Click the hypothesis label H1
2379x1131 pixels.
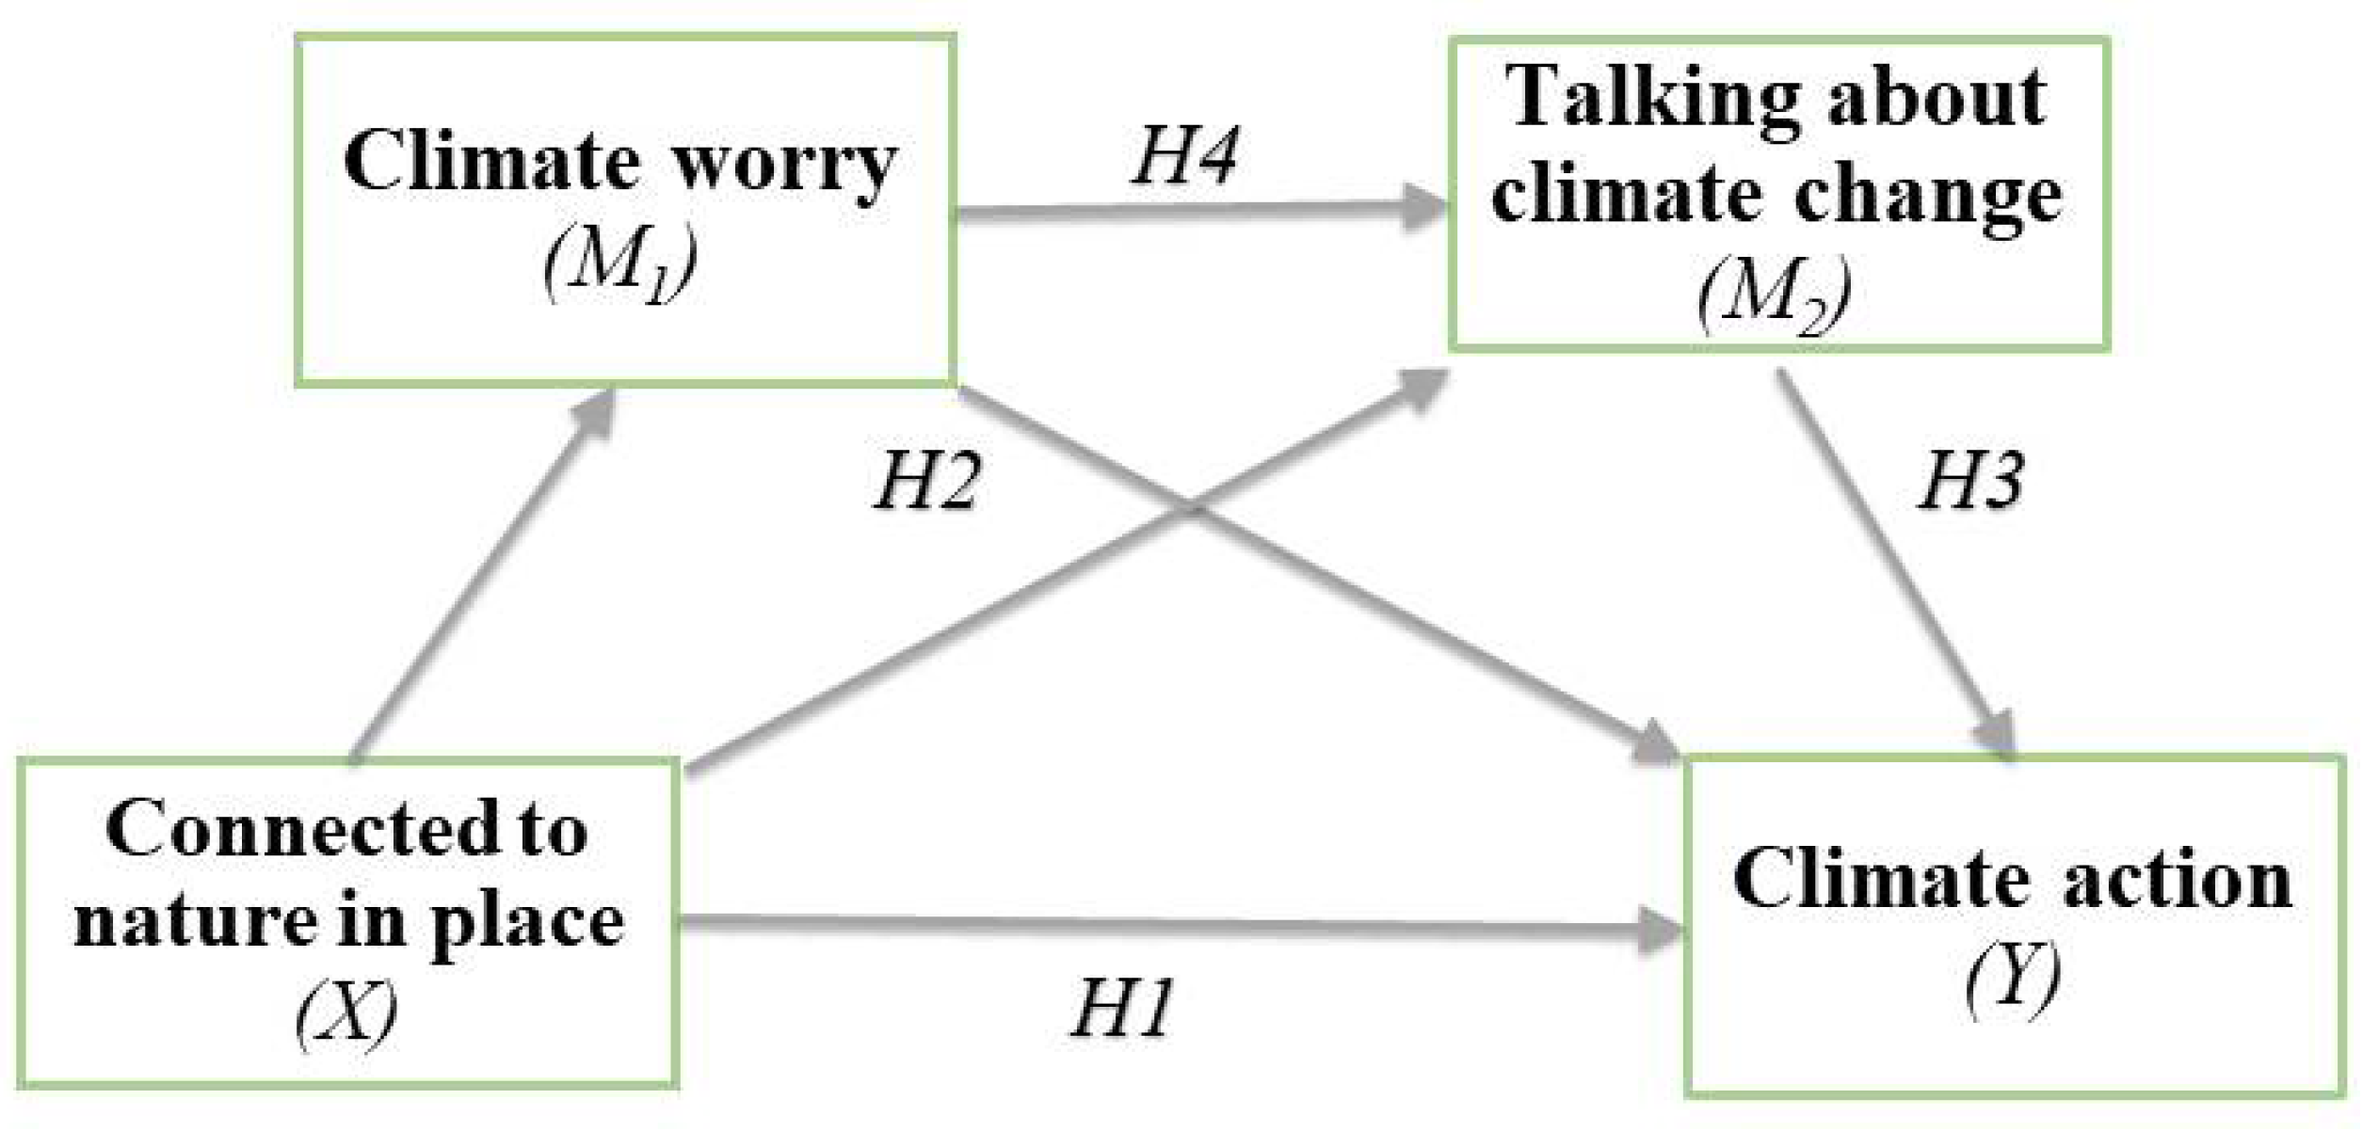1122,1009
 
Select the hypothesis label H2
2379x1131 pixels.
927,482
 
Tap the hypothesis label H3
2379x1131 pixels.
1970,481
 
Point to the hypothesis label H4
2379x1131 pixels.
1184,155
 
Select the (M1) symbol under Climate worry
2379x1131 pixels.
620,264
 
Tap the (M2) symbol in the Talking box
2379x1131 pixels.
1775,295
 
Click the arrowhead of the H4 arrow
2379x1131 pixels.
1426,208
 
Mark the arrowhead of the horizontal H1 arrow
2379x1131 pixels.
1662,931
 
